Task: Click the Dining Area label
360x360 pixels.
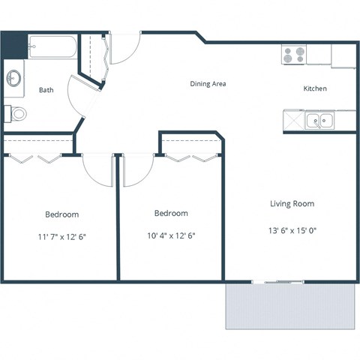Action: coord(208,84)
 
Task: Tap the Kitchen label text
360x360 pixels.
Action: coord(314,88)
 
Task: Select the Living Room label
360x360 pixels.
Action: coord(292,203)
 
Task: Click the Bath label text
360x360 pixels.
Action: coord(46,90)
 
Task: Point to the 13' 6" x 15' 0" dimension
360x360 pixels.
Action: coord(292,230)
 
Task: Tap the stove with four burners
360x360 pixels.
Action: coord(293,55)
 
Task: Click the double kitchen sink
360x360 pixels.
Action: coord(319,120)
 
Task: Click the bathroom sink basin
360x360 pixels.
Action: coord(14,77)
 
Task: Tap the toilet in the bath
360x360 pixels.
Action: coord(16,114)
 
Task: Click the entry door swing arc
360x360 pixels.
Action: coord(124,50)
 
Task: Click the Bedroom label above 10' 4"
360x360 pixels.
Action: coord(170,213)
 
